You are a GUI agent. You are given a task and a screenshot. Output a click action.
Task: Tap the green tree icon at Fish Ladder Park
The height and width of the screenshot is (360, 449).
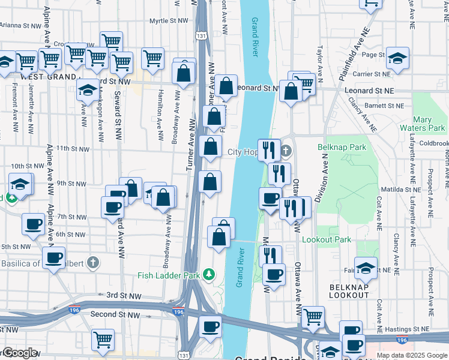[x=208, y=275]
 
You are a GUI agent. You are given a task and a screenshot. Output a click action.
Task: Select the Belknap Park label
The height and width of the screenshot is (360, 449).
[x=342, y=148]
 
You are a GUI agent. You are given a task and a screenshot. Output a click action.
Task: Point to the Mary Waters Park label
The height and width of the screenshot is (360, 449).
[x=429, y=124]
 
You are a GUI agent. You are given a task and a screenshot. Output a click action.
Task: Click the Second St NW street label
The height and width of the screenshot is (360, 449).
[x=115, y=314]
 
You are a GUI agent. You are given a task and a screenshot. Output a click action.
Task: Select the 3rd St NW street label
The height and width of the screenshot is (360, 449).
[x=124, y=295]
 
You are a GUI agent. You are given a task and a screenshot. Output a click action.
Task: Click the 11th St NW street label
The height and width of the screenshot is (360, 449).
[x=71, y=148]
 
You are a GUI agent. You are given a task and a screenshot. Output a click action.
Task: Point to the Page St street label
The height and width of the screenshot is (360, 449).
[x=372, y=55]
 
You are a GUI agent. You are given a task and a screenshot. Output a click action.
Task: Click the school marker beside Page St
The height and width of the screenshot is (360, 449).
[x=397, y=58]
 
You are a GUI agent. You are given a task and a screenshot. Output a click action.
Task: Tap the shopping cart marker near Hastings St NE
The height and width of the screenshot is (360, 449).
[x=313, y=316]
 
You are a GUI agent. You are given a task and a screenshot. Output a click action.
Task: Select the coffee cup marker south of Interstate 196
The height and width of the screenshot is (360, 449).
[x=210, y=327]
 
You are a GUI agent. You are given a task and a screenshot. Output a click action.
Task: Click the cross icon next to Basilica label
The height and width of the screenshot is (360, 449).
[x=92, y=262]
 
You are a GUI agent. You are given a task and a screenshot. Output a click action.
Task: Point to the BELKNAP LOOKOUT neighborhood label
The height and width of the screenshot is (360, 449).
[x=349, y=292]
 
